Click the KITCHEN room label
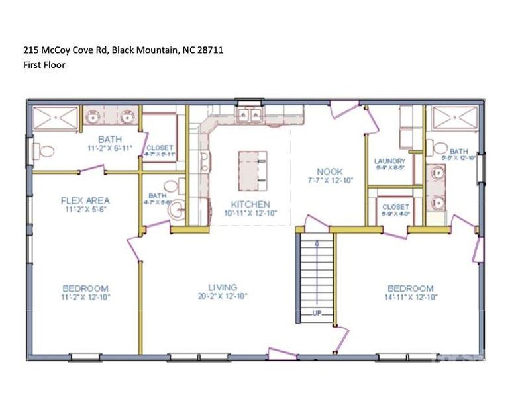(250, 204)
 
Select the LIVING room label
(223, 287)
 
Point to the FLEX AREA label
(85, 200)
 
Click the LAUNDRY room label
(389, 161)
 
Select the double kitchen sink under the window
(249, 116)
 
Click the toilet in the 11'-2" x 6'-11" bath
(44, 152)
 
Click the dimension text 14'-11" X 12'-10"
(410, 298)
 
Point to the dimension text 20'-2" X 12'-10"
(223, 296)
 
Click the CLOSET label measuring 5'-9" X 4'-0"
(395, 206)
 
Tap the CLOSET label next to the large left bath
(160, 148)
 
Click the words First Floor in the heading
(44, 65)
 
